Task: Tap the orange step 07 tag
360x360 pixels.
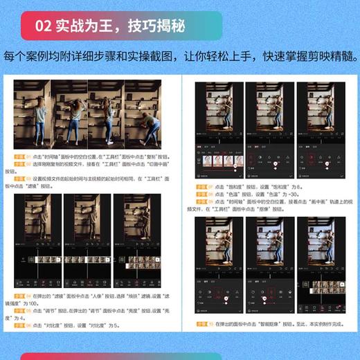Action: (201, 187)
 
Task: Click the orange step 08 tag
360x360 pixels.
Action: (201, 195)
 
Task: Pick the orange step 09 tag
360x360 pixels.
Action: (201, 203)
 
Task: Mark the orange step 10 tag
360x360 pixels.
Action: (201, 324)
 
